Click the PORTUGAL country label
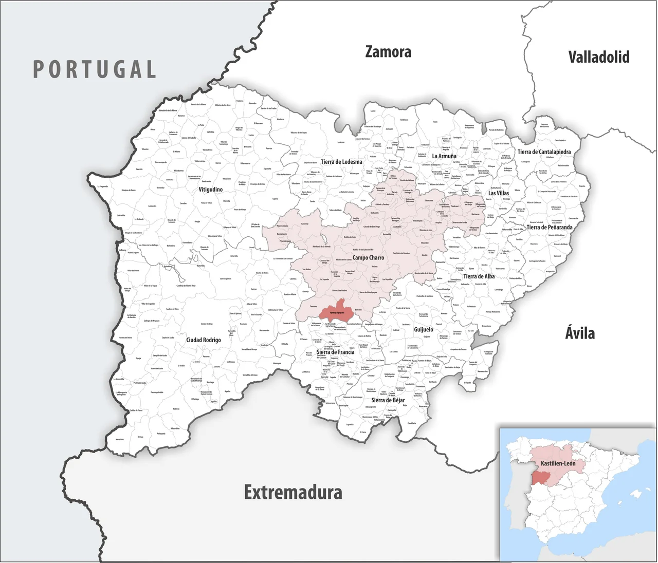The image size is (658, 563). click(95, 69)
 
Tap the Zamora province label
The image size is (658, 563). click(388, 52)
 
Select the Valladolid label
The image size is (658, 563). click(598, 57)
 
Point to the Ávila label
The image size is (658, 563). click(580, 333)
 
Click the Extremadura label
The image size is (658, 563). click(293, 492)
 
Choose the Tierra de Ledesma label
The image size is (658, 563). click(341, 162)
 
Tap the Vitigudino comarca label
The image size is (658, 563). click(211, 190)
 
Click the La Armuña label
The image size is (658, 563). click(444, 156)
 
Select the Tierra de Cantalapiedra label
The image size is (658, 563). click(544, 152)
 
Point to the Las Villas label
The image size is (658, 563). click(499, 193)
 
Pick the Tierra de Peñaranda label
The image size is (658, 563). click(549, 227)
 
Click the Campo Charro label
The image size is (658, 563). click(368, 257)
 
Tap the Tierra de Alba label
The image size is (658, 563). click(479, 276)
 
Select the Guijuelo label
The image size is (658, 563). click(424, 329)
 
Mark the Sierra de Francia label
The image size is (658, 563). click(335, 352)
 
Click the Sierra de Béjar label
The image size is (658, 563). click(388, 400)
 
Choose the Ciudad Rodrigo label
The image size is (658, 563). click(204, 340)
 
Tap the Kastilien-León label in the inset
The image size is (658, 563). click(558, 463)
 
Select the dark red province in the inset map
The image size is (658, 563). click(540, 478)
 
